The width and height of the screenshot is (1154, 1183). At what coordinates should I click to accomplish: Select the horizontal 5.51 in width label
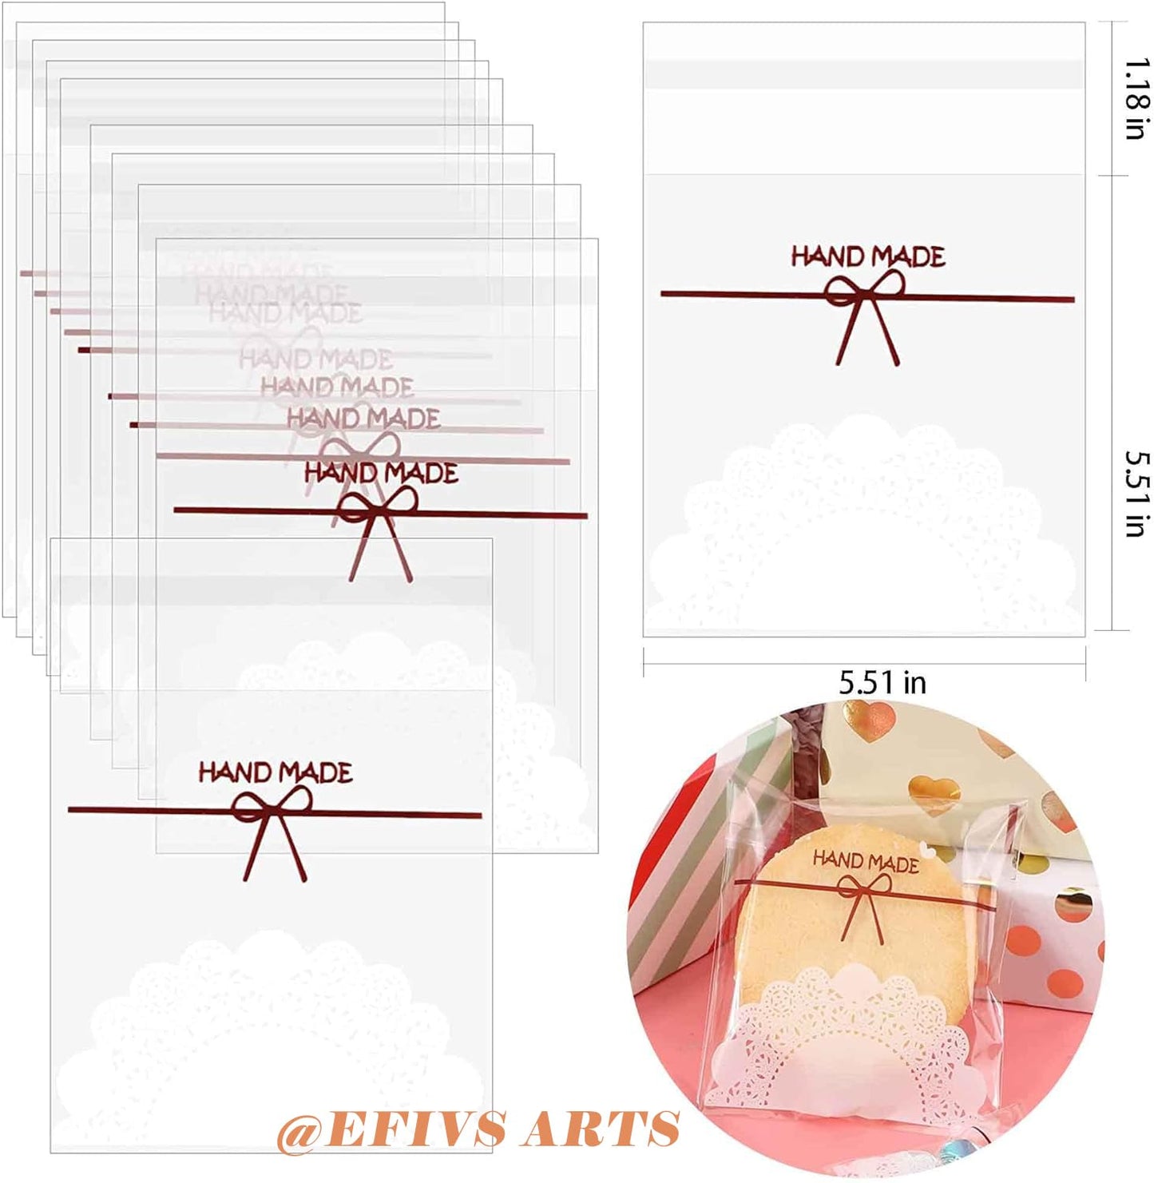pos(882,683)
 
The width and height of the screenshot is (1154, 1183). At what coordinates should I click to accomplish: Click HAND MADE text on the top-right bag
pos(868,256)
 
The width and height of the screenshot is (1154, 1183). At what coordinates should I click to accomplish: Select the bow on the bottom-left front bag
pos(272,823)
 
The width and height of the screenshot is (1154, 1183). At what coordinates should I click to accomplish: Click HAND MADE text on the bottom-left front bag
pos(276,772)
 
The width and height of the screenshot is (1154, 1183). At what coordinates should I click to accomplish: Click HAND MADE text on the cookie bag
pos(865,861)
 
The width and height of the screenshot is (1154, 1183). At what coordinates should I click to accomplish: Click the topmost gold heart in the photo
pos(867,713)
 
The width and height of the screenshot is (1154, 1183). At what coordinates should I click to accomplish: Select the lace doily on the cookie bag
pos(847,1038)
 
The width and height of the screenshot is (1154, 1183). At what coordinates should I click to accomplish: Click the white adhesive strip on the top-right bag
pos(864,73)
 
